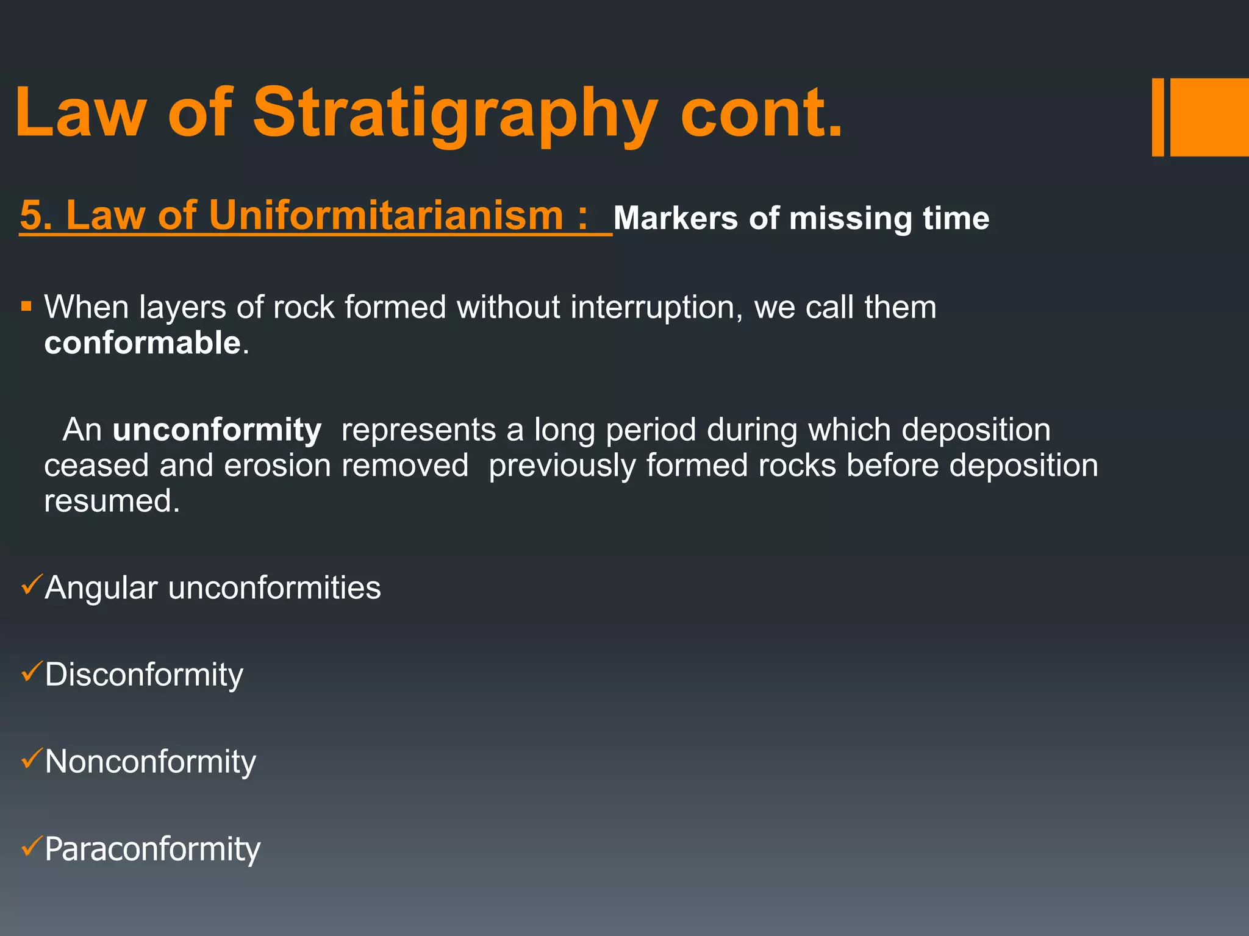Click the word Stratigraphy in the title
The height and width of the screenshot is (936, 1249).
click(x=454, y=113)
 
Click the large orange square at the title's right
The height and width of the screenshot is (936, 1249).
click(x=1209, y=117)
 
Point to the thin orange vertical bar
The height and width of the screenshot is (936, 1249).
click(x=1158, y=117)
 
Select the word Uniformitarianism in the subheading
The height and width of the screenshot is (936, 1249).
click(x=385, y=216)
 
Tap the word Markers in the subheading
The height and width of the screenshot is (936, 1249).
click(x=675, y=218)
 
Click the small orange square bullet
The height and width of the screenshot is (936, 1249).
click(x=26, y=306)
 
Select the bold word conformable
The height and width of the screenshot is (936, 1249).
click(x=142, y=342)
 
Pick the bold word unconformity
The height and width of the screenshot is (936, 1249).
click(x=217, y=430)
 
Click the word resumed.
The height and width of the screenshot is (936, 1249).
click(x=112, y=502)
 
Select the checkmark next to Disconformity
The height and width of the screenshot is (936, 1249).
click(x=30, y=672)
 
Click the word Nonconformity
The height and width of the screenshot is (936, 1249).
click(x=150, y=762)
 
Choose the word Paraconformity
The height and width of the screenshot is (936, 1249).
click(x=152, y=849)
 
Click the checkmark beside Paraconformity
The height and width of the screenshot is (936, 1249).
click(x=30, y=846)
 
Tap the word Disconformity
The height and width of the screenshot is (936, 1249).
click(x=144, y=675)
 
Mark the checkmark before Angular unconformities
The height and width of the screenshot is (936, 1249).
click(x=30, y=585)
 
